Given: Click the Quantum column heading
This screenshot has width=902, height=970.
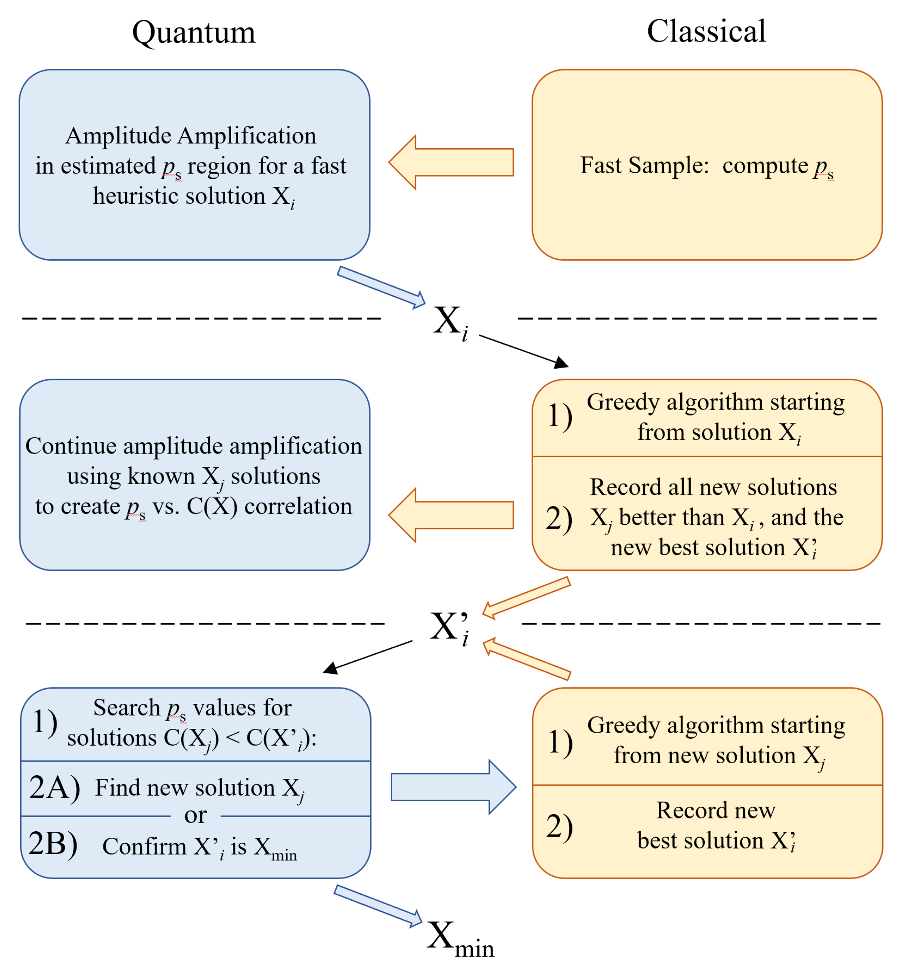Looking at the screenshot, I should (x=194, y=33).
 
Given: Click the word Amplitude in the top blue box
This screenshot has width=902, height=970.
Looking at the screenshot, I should (x=120, y=136).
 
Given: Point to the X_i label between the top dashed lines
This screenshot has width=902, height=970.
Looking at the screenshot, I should (x=450, y=322).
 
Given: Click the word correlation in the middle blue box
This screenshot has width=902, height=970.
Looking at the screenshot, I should (x=298, y=507).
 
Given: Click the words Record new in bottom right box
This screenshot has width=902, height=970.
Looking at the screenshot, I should (x=715, y=811).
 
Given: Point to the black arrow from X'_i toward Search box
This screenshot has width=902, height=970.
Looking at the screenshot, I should (x=368, y=657).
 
